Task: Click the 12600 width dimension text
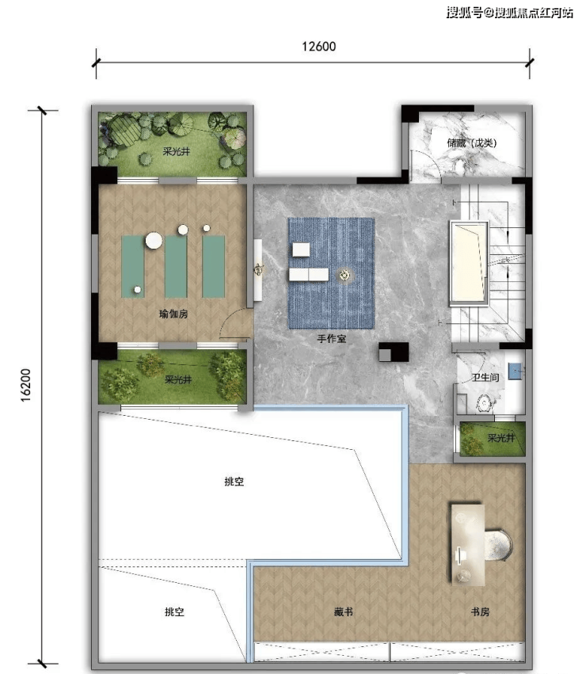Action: point(318,47)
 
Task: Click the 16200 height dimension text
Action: point(26,385)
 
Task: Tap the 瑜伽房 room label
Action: point(173,314)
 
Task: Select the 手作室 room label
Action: point(332,339)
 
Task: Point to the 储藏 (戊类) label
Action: point(472,143)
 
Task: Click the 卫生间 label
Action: point(485,378)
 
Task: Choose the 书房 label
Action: point(480,611)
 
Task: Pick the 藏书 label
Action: point(344,611)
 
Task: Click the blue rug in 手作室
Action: point(331,273)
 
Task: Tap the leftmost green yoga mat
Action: point(133,266)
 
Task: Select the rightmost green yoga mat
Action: point(214,266)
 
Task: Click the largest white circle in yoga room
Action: point(154,240)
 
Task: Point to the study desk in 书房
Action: point(468,545)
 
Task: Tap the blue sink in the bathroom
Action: point(515,371)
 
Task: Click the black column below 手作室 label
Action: point(394,352)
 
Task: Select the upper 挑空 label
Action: point(234,482)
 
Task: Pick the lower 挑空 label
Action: point(174,611)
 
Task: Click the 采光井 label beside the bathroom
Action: point(501,438)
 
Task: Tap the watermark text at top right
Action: point(509,12)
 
